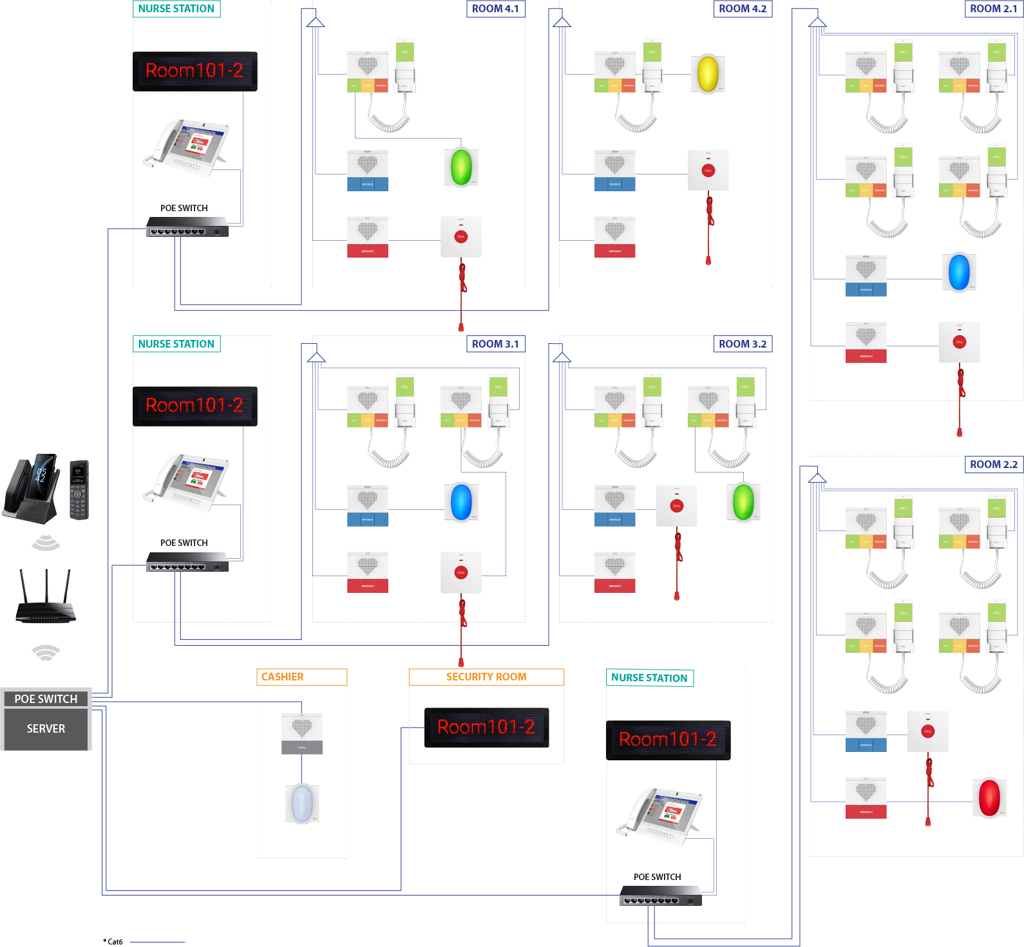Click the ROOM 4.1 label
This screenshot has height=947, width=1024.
point(495,9)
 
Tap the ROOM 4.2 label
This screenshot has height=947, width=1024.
point(743,9)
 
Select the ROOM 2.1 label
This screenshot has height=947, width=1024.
point(994,9)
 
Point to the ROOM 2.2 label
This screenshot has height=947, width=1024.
point(994,464)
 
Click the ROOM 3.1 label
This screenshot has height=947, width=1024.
point(495,344)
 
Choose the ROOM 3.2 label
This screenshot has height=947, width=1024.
point(743,344)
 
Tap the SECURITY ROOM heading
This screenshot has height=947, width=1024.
point(486,677)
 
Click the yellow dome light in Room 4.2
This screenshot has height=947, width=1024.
point(708,74)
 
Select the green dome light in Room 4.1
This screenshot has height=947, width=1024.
point(461,167)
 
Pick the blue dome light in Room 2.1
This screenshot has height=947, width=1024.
point(959,272)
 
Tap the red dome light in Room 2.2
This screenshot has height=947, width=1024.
point(989,797)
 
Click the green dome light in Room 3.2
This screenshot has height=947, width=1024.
point(743,502)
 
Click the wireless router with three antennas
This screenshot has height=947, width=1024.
point(46,598)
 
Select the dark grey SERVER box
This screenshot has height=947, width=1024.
point(46,729)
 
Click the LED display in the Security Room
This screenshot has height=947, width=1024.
point(486,727)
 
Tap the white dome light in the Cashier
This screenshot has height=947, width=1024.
point(302,803)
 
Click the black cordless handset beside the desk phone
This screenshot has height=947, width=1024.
point(79,489)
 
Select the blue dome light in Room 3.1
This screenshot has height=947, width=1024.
point(461,502)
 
